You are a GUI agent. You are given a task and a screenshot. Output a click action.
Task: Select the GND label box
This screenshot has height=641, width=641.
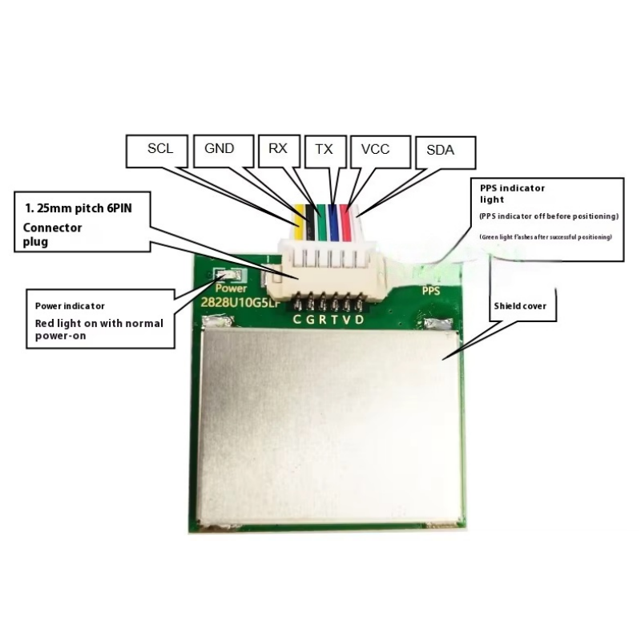click(219, 149)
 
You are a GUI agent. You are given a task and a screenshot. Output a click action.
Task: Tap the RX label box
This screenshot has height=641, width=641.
click(278, 149)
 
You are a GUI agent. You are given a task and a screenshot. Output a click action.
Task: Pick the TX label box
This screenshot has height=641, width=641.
click(324, 149)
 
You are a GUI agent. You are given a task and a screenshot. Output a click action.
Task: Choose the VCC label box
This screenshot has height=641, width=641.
click(376, 150)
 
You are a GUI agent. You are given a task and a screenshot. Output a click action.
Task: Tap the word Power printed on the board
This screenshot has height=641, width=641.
click(232, 287)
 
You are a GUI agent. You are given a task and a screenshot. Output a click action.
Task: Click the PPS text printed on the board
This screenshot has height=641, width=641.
click(432, 292)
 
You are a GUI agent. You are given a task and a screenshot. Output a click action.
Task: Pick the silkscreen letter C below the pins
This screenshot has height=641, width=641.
click(297, 320)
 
